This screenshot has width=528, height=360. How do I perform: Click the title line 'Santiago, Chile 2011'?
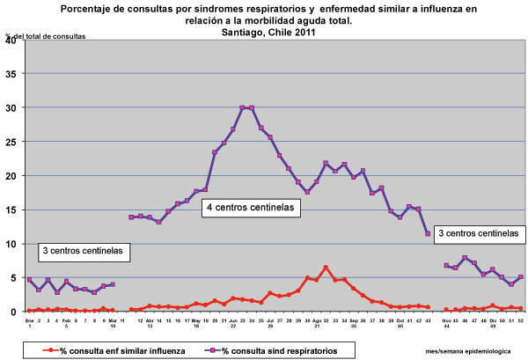(269, 32)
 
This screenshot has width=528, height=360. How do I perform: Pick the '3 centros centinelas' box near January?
(84, 252)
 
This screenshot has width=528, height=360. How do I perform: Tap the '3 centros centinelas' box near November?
(477, 233)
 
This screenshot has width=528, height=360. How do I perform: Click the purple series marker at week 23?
(242, 107)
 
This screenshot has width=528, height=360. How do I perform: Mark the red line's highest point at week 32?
(326, 267)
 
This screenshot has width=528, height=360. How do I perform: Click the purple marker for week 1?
(29, 280)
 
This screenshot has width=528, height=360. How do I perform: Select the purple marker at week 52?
(521, 277)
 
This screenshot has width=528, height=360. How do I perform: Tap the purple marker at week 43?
(428, 234)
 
